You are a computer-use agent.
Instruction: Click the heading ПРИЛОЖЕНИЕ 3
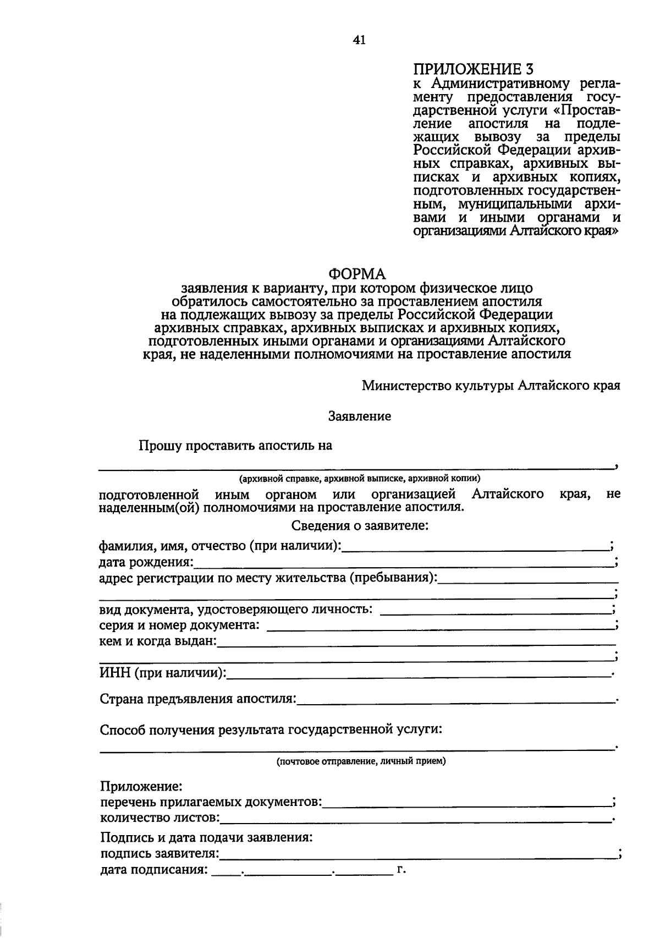coord(474,69)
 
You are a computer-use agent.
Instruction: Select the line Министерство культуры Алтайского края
coord(491,385)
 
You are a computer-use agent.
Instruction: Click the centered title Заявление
coord(359,416)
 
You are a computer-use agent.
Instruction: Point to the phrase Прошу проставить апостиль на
coord(235,446)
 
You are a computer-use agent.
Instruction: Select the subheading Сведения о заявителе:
coord(360,526)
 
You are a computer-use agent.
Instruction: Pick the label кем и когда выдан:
coord(158,641)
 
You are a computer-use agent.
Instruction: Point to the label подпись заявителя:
coord(159,854)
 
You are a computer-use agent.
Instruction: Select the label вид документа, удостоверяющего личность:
coord(235,610)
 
